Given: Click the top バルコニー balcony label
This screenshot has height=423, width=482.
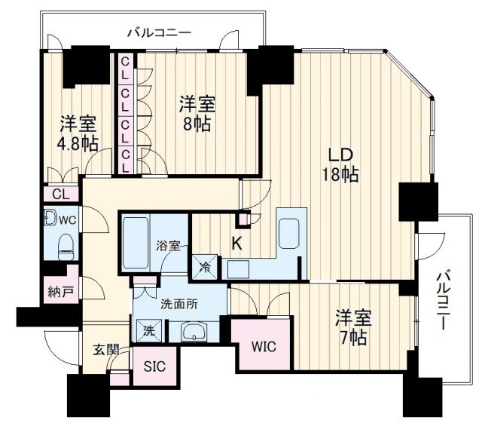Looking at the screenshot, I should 158,32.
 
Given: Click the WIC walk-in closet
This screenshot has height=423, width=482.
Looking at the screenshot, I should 260,347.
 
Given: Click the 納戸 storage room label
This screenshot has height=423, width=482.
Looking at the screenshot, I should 56,290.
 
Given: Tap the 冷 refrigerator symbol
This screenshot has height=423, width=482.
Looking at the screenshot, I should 205,265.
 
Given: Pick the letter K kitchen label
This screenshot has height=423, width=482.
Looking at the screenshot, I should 236,243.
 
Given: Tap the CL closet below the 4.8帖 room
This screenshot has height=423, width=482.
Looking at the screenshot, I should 60,194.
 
